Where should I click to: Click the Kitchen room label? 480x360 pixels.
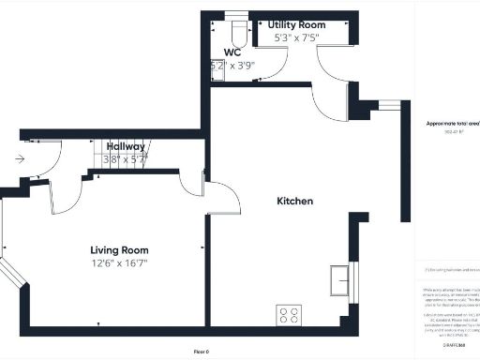pos(294,202)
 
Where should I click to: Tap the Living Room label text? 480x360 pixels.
pos(119,250)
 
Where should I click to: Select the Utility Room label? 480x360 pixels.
pos(296,24)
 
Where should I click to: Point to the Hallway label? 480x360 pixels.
pos(125,146)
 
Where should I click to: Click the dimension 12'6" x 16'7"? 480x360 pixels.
pos(119,263)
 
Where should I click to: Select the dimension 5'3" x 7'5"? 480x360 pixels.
pos(296,38)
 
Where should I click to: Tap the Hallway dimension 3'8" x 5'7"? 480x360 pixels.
pos(125,159)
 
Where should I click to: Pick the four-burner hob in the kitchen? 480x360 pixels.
pos(288,315)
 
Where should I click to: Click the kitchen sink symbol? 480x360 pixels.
pos(339,279)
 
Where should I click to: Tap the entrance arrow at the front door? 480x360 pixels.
pos(20,159)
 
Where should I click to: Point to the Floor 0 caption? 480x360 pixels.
pos(201,351)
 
